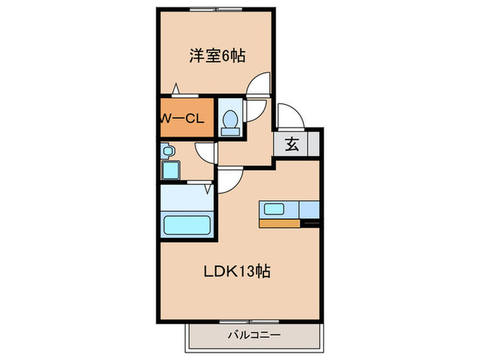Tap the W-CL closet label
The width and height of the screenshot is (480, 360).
click(x=182, y=117)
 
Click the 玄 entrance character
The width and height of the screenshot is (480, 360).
click(x=291, y=145)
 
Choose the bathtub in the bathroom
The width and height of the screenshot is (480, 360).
click(x=187, y=225)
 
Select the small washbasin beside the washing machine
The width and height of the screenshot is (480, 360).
click(x=167, y=150)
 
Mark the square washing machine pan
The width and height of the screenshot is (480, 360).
click(x=169, y=169)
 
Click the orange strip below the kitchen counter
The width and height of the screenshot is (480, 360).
click(x=278, y=223)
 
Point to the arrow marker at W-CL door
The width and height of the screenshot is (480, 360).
click(x=177, y=88)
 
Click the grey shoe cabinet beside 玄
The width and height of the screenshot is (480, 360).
click(x=313, y=145)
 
